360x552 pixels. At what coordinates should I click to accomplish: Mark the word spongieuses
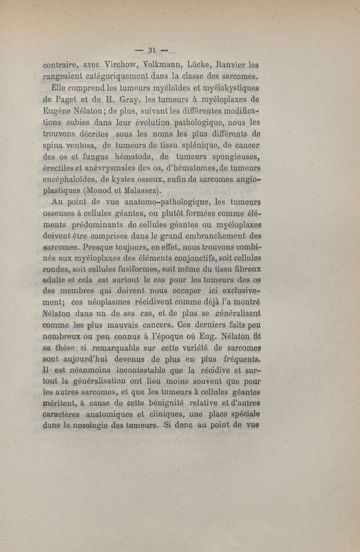(x=234, y=157)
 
